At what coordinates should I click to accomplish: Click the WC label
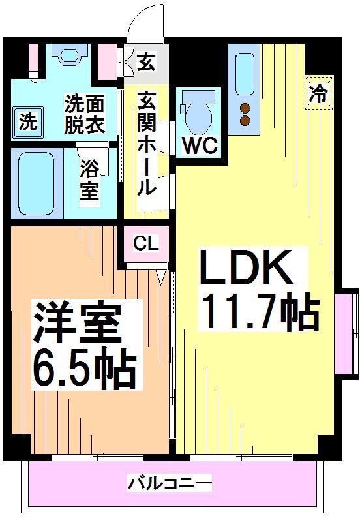click(200, 145)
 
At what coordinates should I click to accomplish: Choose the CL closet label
click(146, 244)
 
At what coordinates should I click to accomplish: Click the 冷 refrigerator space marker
click(319, 92)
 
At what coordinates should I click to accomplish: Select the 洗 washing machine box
click(27, 121)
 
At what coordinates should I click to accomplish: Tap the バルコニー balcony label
click(170, 483)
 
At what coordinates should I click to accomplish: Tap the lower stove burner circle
click(245, 120)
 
